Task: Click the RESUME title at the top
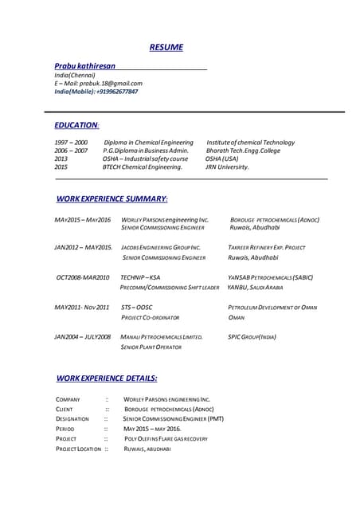[x=166, y=47]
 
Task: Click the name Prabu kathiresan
[x=84, y=65]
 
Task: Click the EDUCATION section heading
[x=76, y=125]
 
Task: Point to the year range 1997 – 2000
[x=71, y=142]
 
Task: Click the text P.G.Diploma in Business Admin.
[x=146, y=151]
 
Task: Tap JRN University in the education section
[x=227, y=167]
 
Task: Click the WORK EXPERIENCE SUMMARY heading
[x=112, y=198]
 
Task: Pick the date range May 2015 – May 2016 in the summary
[x=83, y=219]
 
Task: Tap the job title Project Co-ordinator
[x=150, y=317]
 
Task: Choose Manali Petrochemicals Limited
[x=162, y=337]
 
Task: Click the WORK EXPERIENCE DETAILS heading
[x=107, y=378]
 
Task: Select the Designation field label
[x=72, y=418]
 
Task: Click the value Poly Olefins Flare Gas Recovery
[x=166, y=438]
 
